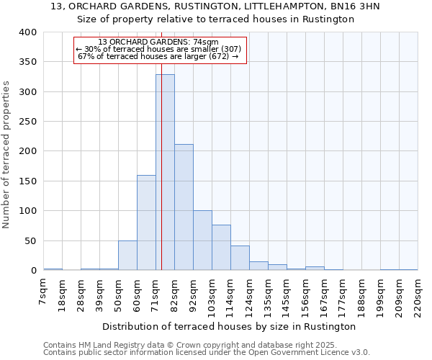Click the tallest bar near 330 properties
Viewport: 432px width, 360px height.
(x=165, y=173)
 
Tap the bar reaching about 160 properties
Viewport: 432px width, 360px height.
(x=146, y=223)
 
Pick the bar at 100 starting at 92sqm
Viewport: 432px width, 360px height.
(x=202, y=240)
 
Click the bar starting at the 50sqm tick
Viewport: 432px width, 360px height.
(x=127, y=256)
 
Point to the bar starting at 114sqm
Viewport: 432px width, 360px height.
(x=240, y=258)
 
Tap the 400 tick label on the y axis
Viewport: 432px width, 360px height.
(x=27, y=32)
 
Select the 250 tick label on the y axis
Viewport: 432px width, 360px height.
(x=27, y=122)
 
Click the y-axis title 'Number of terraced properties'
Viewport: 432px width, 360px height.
(x=6, y=154)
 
